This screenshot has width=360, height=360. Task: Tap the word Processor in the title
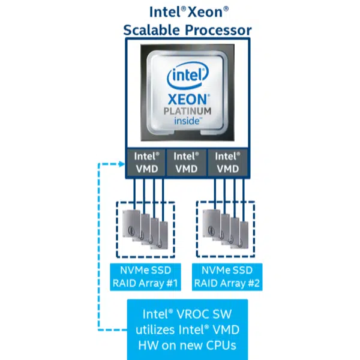pyautogui.click(x=215, y=29)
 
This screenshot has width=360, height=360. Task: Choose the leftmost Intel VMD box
pyautogui.click(x=146, y=163)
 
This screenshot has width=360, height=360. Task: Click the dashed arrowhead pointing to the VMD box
pyautogui.click(x=121, y=163)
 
